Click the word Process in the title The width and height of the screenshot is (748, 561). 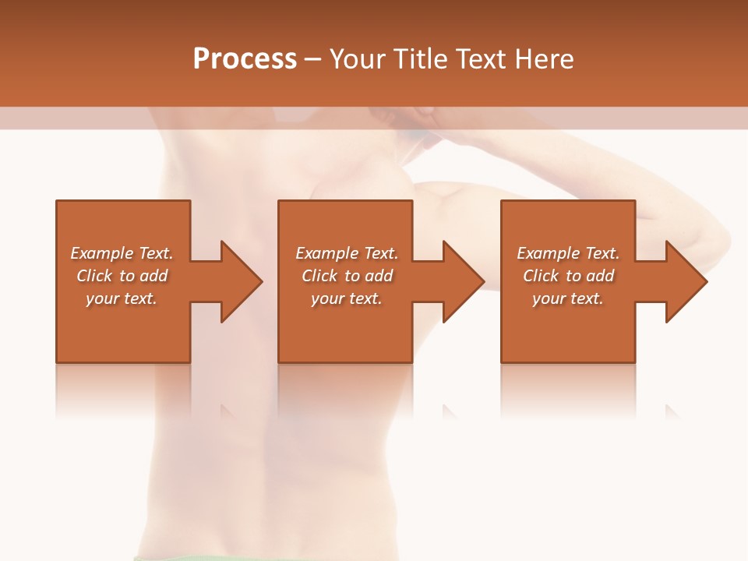click(x=245, y=59)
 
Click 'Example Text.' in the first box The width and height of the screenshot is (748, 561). click(x=122, y=253)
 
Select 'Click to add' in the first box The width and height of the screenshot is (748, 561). click(x=122, y=276)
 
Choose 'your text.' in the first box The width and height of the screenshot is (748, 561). click(x=122, y=298)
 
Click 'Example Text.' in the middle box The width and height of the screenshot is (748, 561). click(x=347, y=253)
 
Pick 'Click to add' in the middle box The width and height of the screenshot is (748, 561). click(x=347, y=276)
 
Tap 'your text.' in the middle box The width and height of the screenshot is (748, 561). click(x=347, y=298)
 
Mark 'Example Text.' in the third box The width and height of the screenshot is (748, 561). click(x=568, y=253)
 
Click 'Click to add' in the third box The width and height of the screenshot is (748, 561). click(x=568, y=276)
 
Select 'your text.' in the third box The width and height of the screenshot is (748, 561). click(x=568, y=298)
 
